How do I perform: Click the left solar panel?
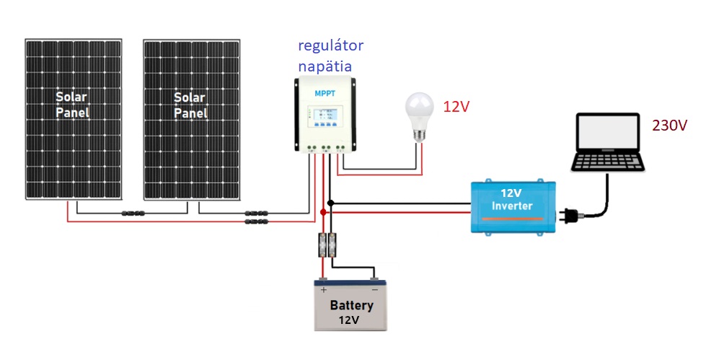[x=74, y=119]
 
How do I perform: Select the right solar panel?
[x=191, y=119]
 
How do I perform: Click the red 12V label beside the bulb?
[x=456, y=107]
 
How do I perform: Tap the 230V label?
[x=669, y=126]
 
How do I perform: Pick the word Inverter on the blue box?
[x=512, y=206]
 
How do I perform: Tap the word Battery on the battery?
[x=351, y=304]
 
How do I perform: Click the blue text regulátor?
[x=331, y=46]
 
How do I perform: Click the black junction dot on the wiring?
[x=330, y=203]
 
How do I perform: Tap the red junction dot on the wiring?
[x=322, y=213]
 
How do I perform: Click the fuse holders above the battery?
[x=327, y=245]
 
